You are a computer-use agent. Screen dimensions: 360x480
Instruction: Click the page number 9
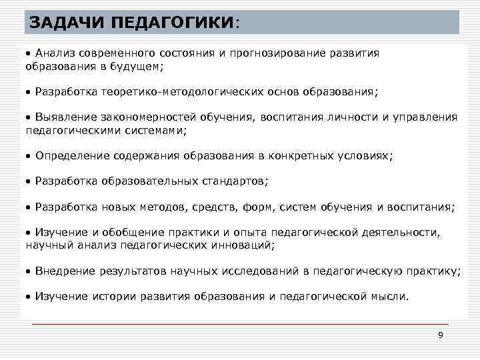[x=440, y=335]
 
